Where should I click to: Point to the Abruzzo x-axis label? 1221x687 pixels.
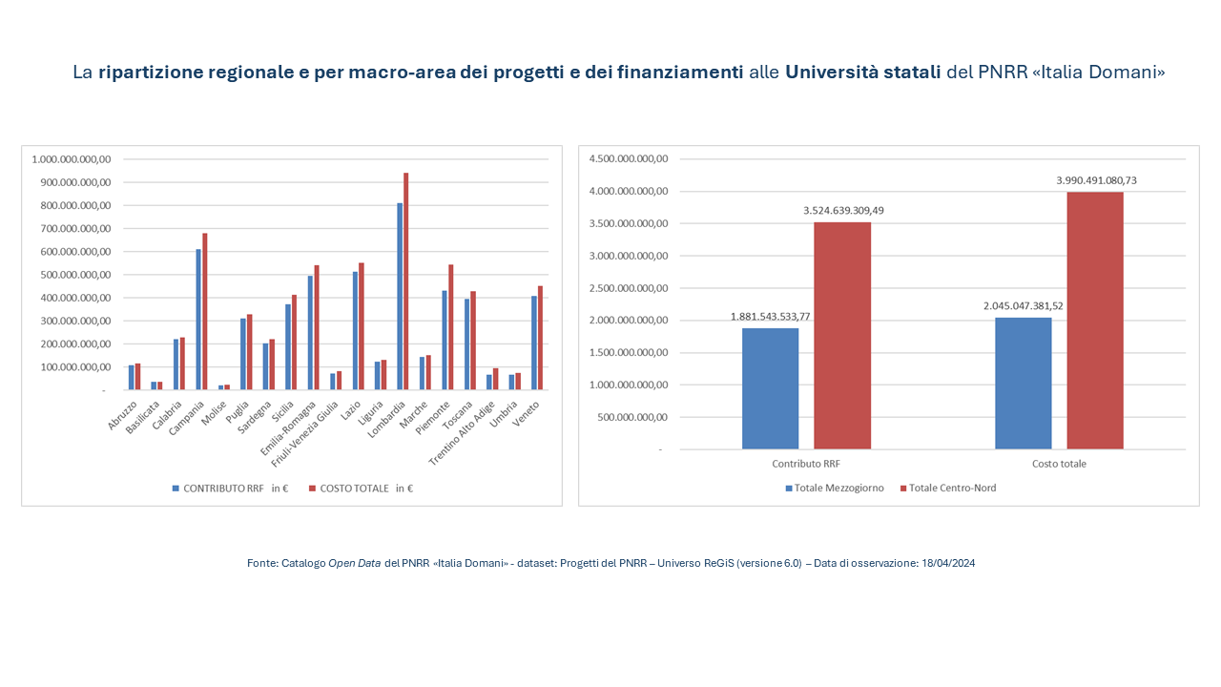point(123,418)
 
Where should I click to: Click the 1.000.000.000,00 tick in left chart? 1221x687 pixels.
point(72,159)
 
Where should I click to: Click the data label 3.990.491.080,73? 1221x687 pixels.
point(1095,179)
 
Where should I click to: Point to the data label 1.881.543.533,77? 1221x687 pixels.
point(770,316)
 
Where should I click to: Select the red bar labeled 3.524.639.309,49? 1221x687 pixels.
point(842,335)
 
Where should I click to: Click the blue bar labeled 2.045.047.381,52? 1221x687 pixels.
point(1023,383)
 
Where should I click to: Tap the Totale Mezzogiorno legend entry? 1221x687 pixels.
point(834,488)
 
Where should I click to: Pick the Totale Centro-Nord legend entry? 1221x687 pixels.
point(947,488)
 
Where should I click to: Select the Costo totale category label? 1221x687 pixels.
point(1059,464)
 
